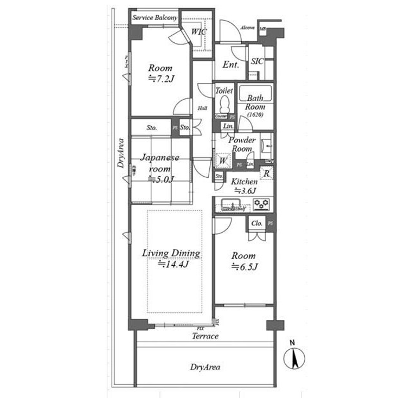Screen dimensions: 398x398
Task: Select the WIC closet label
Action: (x=199, y=32)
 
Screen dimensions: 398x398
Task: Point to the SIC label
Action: (x=257, y=61)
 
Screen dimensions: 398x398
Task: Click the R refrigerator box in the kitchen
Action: (x=266, y=174)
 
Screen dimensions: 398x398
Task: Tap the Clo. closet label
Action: (x=257, y=223)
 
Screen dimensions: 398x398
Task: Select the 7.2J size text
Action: (x=160, y=79)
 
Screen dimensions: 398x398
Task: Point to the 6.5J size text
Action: (x=245, y=266)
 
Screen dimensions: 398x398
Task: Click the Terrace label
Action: (x=205, y=336)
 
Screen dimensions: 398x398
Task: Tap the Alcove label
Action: (x=247, y=28)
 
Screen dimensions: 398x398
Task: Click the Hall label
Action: (x=202, y=108)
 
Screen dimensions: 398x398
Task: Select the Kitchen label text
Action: (x=244, y=182)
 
